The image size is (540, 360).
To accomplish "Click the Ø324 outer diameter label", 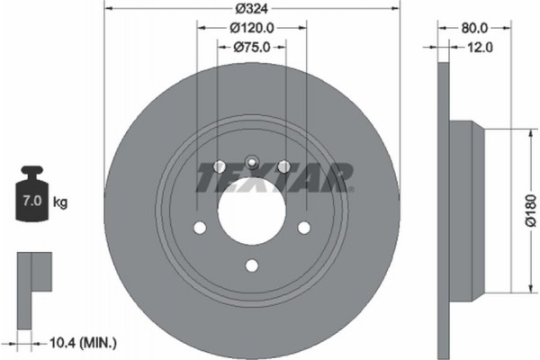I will [252, 8].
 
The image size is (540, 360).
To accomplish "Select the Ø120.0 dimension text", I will [251, 28].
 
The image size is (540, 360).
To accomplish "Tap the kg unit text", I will [60, 203].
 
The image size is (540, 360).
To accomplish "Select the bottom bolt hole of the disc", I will [252, 264].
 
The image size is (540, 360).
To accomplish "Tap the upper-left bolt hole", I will [220, 166].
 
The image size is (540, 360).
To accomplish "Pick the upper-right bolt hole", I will [284, 166].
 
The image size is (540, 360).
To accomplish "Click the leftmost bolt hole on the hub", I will [200, 228].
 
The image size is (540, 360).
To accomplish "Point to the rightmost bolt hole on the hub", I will [304, 228].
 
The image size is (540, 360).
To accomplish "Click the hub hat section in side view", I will [468, 210].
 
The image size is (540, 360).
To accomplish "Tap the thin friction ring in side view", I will [443, 210].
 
